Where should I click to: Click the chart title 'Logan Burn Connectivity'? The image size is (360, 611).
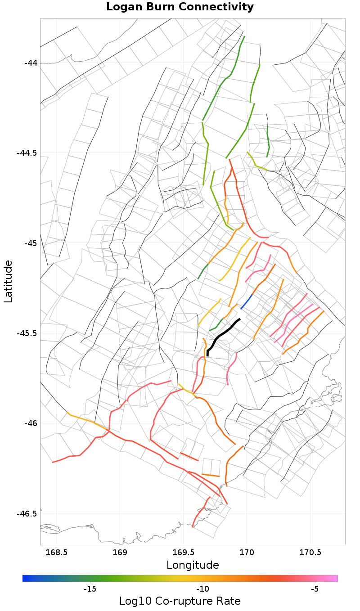180,7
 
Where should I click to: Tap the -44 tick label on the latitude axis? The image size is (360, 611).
30,63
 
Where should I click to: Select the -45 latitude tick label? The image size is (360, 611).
30,243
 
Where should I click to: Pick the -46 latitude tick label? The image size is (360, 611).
30,423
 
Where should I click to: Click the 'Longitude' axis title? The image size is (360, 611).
193,565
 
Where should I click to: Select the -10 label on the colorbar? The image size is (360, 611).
202,589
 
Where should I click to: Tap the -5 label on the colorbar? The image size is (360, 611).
315,589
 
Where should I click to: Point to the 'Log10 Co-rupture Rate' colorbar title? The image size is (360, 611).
180,601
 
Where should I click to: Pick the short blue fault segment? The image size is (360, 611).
247,301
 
